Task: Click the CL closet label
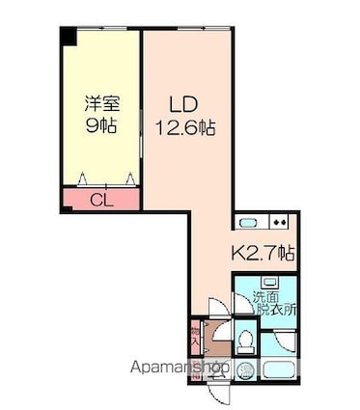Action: click(x=99, y=201)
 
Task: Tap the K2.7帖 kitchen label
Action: click(x=263, y=254)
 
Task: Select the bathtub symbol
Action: click(x=278, y=371)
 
